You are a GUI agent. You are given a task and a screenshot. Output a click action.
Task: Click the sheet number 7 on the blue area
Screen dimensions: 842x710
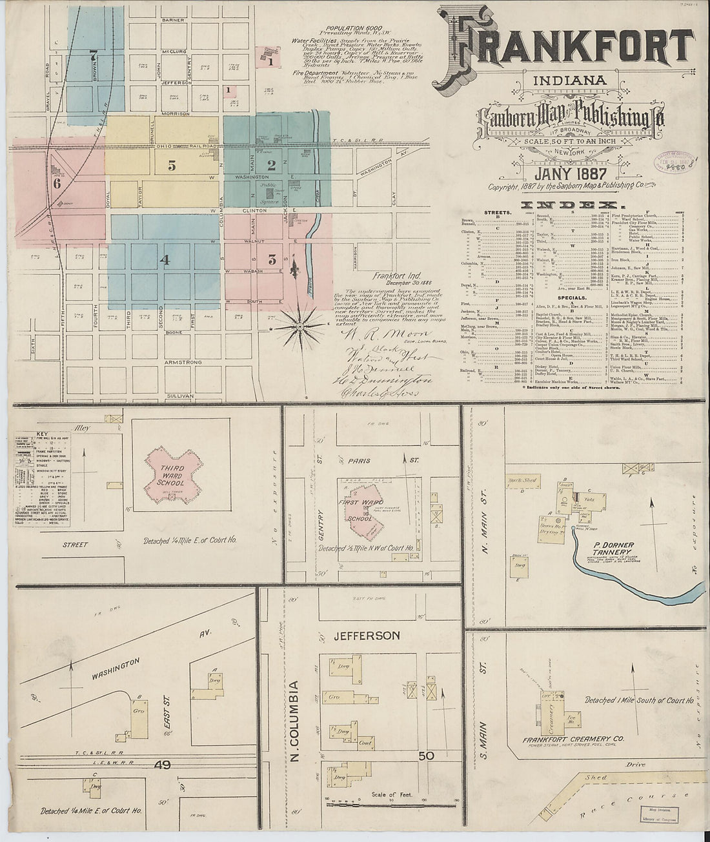tap(94, 55)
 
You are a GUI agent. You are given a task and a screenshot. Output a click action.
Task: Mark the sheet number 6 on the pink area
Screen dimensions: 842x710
tap(57, 183)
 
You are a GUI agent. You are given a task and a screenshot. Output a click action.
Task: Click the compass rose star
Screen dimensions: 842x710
tap(300, 328)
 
